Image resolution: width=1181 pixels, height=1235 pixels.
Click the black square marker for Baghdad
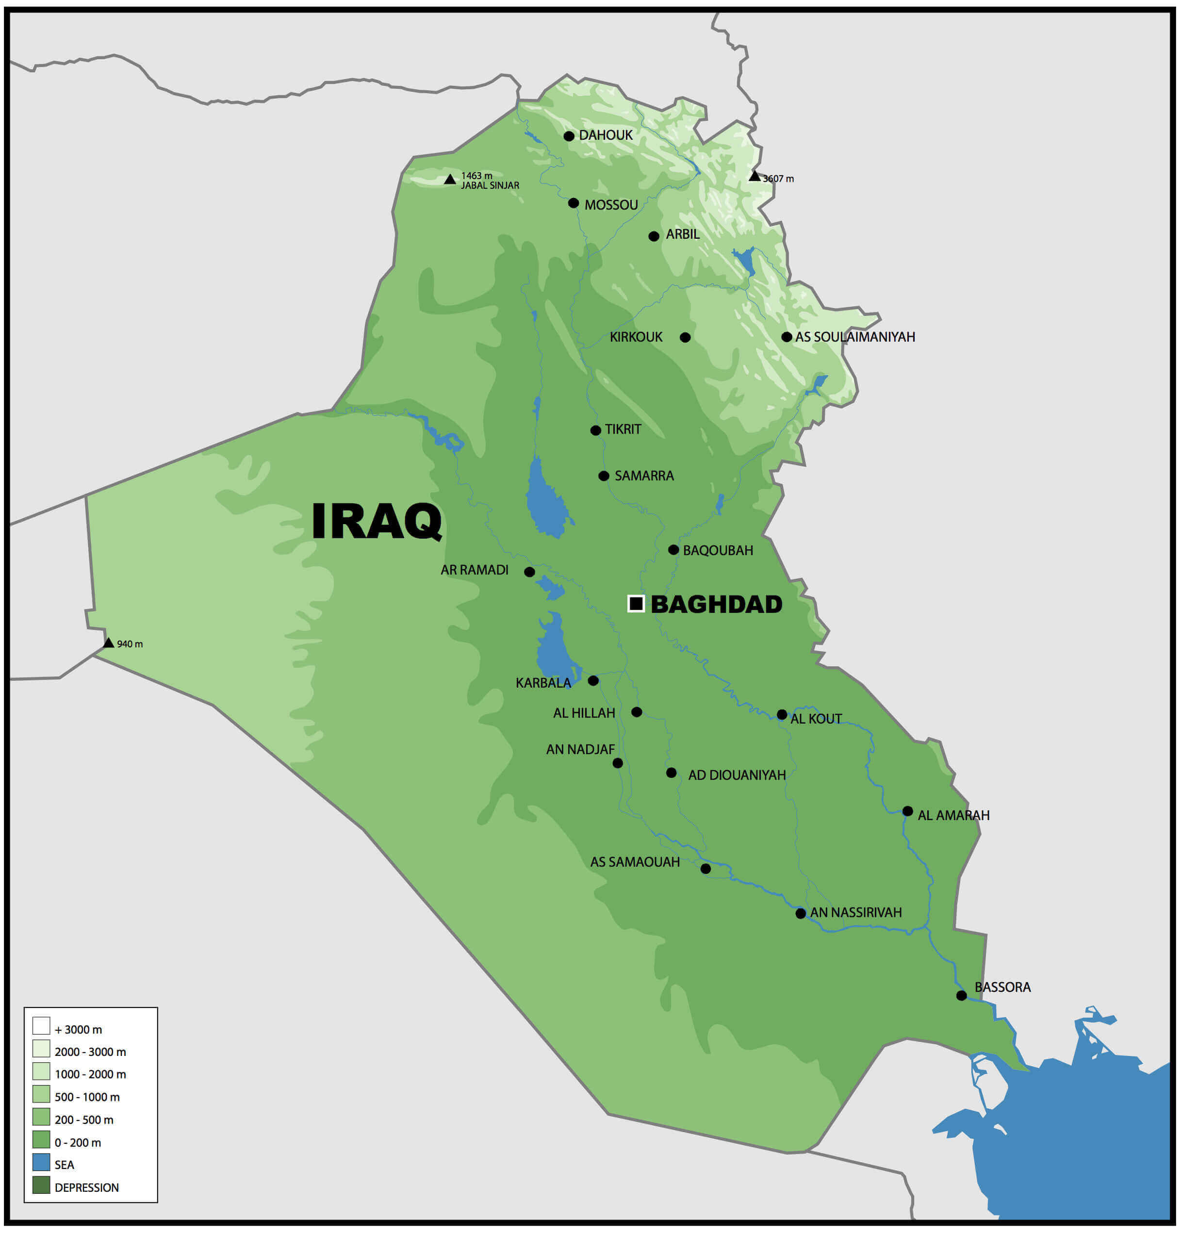pyautogui.click(x=636, y=604)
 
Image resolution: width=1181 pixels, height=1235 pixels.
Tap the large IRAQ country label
pyautogui.click(x=377, y=521)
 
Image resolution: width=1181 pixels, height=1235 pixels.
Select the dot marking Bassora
pyautogui.click(x=961, y=996)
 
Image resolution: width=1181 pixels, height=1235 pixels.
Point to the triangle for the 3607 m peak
pyautogui.click(x=754, y=176)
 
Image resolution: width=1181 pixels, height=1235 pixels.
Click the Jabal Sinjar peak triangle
pyautogui.click(x=449, y=180)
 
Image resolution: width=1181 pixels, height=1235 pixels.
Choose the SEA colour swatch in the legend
pyautogui.click(x=41, y=1163)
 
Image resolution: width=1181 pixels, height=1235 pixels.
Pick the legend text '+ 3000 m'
pyautogui.click(x=78, y=1030)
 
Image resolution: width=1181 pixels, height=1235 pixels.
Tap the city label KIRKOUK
pyautogui.click(x=636, y=337)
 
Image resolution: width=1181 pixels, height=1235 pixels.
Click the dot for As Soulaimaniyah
pyautogui.click(x=787, y=337)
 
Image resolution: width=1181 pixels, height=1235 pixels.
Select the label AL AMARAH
pyautogui.click(x=953, y=816)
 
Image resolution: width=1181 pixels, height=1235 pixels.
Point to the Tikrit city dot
pyautogui.click(x=595, y=430)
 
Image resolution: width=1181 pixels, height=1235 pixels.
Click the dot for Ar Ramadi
pyautogui.click(x=529, y=572)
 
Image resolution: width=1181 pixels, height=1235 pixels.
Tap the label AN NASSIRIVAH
pyautogui.click(x=855, y=913)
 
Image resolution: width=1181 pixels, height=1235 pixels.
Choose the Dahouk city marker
pyautogui.click(x=569, y=136)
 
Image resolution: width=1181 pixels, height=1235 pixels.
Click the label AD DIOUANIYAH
pyautogui.click(x=737, y=775)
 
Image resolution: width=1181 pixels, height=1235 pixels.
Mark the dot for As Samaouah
pyautogui.click(x=705, y=869)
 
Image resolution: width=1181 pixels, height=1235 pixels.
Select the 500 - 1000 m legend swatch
pyautogui.click(x=41, y=1094)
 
